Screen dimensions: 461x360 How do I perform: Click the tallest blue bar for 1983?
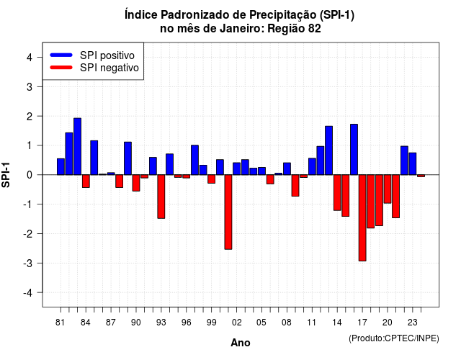77,146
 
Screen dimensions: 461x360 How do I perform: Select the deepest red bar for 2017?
362,217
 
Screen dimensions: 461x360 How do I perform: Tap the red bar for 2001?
228,212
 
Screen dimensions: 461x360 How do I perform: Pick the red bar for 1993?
161,197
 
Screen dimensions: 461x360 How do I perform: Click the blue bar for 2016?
354,150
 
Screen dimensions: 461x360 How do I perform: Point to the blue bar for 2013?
329,150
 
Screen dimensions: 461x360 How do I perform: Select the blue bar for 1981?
61,166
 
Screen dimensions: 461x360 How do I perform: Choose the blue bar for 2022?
404,161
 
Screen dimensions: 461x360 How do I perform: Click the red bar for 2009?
295,186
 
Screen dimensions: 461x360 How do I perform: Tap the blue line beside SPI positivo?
61,55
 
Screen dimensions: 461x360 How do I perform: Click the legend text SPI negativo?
109,68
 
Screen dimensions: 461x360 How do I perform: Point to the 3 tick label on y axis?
30,86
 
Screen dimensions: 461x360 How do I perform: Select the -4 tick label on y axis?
28,293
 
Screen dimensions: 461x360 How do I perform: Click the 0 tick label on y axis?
30,175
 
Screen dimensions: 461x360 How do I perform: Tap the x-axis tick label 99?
211,323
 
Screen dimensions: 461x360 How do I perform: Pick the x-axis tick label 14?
337,323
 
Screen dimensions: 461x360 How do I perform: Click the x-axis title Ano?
241,343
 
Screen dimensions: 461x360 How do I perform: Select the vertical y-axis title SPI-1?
6,175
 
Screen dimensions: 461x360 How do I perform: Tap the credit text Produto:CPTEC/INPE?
394,338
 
